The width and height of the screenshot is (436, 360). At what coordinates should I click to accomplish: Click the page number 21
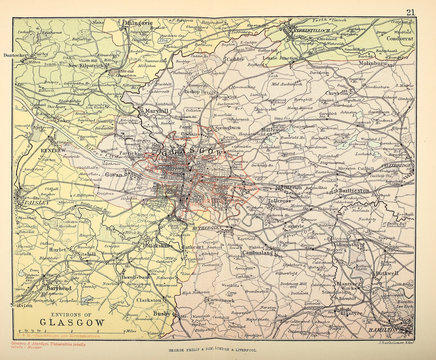pyautogui.click(x=410, y=11)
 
